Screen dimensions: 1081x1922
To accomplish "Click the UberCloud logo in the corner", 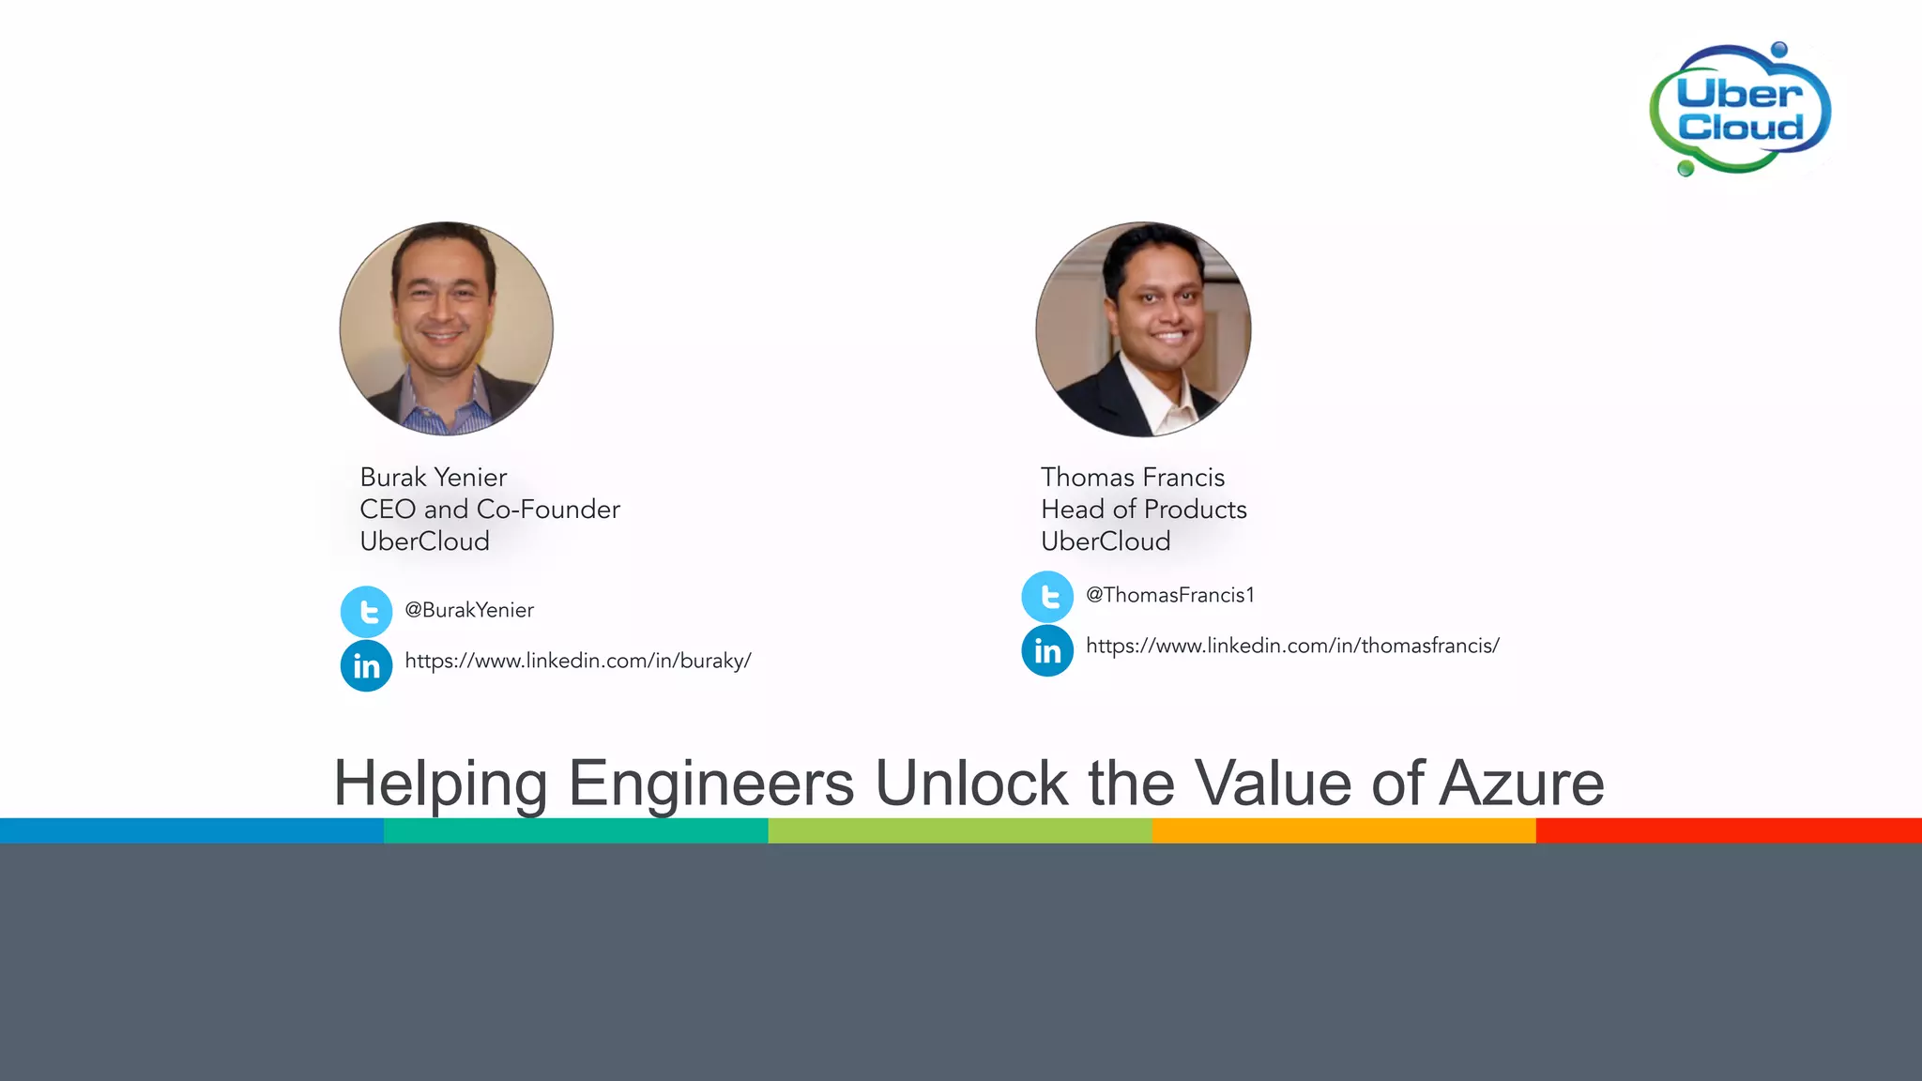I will (1740, 110).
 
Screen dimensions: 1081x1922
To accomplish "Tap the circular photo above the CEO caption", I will (447, 328).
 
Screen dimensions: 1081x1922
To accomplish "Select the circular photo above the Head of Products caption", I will (1143, 328).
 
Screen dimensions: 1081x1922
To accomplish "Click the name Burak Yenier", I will (434, 478).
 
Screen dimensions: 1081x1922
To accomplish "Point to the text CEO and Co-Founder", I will (490, 510).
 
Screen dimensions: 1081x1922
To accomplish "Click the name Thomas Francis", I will (1133, 478).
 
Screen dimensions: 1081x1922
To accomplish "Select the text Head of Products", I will (1144, 510).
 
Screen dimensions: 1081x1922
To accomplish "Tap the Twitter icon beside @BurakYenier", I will (367, 612).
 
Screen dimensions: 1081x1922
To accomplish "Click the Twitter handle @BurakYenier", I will (469, 610).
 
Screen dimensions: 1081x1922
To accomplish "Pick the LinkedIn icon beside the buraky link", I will (367, 665).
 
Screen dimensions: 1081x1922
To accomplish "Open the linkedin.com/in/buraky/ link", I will (578, 661).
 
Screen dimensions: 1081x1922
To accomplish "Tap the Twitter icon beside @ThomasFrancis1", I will (1047, 597).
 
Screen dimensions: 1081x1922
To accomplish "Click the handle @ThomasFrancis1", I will (1170, 595).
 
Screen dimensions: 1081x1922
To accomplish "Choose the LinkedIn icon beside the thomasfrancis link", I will (1047, 650).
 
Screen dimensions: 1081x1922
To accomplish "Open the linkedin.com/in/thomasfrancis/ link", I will (1292, 646).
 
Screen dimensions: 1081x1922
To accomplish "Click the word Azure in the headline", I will (1521, 784).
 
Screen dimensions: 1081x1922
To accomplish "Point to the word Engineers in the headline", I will (711, 784).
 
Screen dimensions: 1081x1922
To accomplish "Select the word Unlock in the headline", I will (971, 784).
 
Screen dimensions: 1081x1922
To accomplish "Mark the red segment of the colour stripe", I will (1729, 830).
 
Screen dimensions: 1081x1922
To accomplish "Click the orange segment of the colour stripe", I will (1344, 830).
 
